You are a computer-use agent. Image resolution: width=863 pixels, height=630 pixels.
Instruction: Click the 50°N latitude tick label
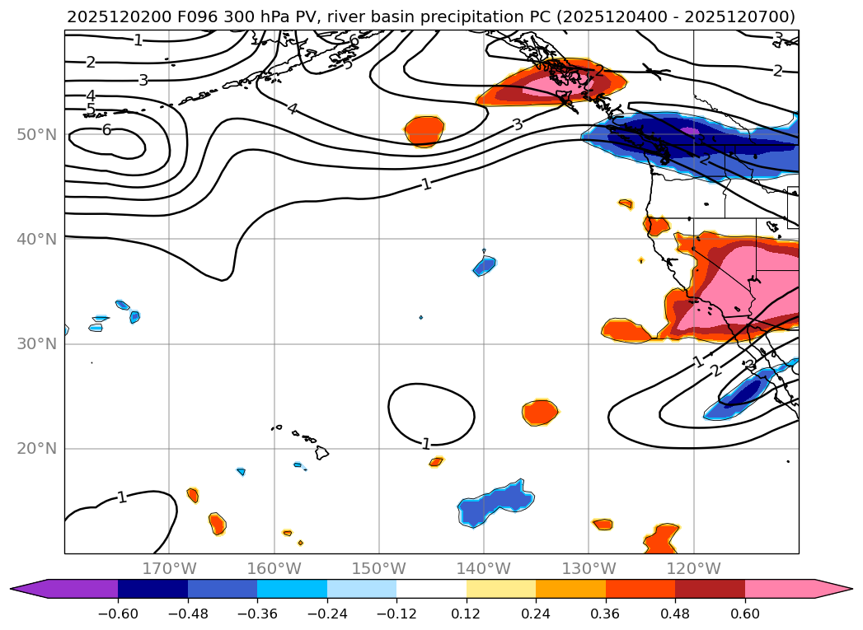[37, 134]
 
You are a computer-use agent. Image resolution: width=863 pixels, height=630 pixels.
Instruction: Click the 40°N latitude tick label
[37, 239]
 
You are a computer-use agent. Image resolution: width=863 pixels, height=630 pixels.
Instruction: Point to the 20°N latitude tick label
[37, 449]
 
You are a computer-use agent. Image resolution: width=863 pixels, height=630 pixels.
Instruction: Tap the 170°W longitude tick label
[169, 568]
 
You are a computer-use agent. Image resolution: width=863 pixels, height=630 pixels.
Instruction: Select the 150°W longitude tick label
[378, 568]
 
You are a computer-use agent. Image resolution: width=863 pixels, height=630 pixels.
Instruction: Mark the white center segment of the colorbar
[431, 588]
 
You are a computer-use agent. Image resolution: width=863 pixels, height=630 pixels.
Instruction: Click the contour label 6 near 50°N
[106, 129]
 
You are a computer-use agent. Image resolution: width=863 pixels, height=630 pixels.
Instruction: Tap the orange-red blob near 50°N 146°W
[425, 130]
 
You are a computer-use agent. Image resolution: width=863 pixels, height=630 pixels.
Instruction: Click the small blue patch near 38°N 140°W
[485, 265]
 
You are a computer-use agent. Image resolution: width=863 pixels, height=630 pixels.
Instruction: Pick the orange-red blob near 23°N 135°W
[540, 411]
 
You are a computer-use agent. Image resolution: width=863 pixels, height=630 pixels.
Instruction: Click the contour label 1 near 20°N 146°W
[426, 445]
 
